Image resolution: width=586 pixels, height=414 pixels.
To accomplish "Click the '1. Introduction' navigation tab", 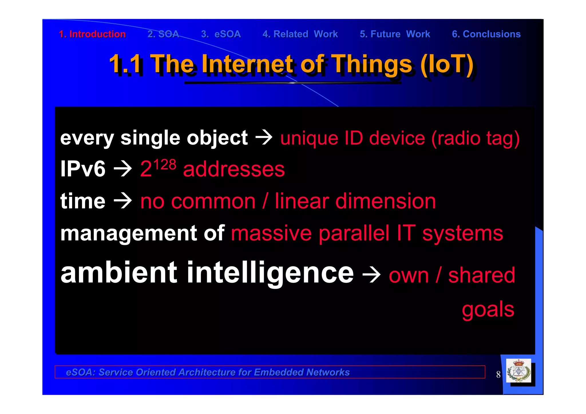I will pos(92,34).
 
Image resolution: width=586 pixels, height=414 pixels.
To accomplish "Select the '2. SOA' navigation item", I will pos(163,34).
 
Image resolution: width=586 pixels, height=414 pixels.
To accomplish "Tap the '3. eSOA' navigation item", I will pos(221,34).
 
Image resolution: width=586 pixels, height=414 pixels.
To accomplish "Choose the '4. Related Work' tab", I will pos(300,34).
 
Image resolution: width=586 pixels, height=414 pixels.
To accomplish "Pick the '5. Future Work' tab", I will pos(395,34).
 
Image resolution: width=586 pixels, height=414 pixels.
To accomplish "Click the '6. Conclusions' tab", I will pos(486,34).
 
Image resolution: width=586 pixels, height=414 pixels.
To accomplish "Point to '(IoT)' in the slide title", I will pos(447,64).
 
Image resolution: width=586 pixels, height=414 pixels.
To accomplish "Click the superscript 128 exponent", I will pos(165,165).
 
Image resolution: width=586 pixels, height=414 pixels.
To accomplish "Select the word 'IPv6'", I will pos(83,169).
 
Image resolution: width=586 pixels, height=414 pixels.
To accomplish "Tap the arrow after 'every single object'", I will pos(264,138).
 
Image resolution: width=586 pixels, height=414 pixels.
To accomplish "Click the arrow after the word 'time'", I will pos(123,201).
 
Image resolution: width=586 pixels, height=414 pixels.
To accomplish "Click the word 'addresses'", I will pos(234,169).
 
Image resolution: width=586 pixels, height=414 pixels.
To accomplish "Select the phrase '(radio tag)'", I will pos(475,138).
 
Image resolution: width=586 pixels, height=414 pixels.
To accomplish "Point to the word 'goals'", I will pos(488,310).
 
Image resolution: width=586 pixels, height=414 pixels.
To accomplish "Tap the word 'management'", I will pos(128,233).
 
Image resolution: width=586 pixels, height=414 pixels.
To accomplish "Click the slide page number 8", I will pos(498,375).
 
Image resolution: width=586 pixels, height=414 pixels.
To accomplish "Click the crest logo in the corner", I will pos(518,371).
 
